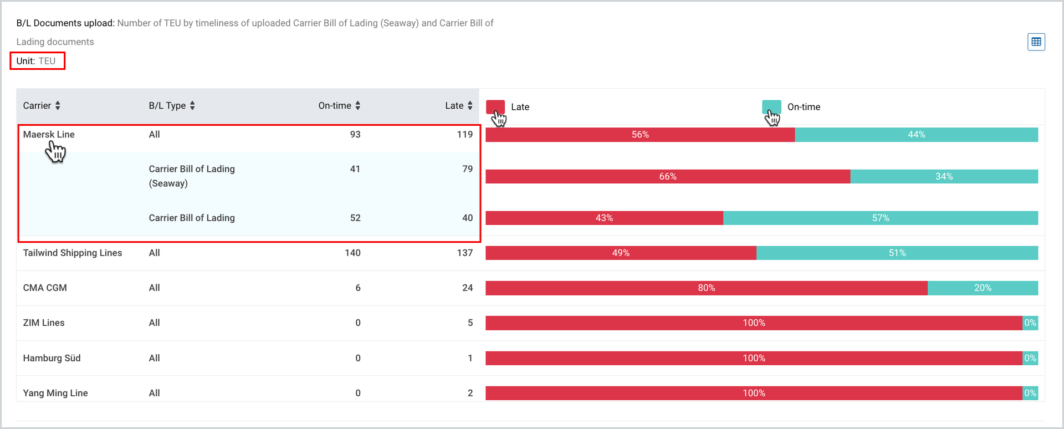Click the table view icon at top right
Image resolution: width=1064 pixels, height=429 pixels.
1036,42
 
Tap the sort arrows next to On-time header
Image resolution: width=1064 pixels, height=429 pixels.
358,106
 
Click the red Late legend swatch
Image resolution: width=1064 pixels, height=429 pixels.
495,106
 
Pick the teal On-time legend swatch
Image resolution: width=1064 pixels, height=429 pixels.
771,106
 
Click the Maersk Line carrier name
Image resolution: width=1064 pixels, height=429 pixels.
49,135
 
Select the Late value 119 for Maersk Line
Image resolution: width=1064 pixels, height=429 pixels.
464,135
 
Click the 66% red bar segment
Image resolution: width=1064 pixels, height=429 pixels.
668,177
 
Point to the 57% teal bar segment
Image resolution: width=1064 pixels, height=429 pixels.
881,218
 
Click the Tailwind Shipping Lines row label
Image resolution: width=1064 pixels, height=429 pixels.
73,253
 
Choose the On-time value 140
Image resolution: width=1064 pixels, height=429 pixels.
352,253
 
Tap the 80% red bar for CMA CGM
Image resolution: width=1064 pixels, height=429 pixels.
707,288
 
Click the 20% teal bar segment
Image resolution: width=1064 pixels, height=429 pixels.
983,288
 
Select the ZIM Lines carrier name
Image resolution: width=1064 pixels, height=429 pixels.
44,323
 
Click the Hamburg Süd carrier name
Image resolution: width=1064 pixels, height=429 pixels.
52,359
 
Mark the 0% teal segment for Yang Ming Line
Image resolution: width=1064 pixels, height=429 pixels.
1030,394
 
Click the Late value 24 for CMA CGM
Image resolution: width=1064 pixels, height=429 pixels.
468,288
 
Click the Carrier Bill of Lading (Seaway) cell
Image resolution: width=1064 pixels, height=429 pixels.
192,176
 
